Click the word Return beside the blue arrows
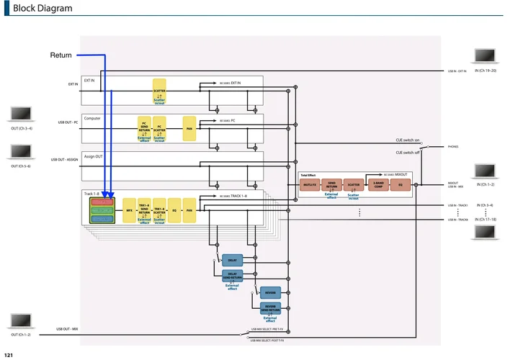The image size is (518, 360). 61,55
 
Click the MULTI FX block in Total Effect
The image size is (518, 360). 310,185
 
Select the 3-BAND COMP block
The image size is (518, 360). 378,185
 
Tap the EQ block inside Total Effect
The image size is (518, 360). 401,185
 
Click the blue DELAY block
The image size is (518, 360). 232,260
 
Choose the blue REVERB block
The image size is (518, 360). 270,293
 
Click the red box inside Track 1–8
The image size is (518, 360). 103,202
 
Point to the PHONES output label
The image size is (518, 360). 452,146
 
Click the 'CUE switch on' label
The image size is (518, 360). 407,140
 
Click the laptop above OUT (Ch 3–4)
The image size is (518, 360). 20,116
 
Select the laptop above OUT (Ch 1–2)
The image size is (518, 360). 20,322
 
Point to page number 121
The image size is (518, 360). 8,355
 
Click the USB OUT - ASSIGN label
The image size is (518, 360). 64,160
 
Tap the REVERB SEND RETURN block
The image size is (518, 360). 270,309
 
